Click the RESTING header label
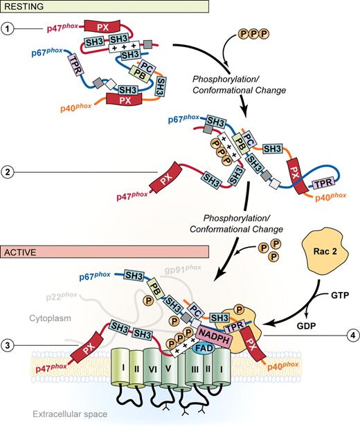[x=26, y=6]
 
